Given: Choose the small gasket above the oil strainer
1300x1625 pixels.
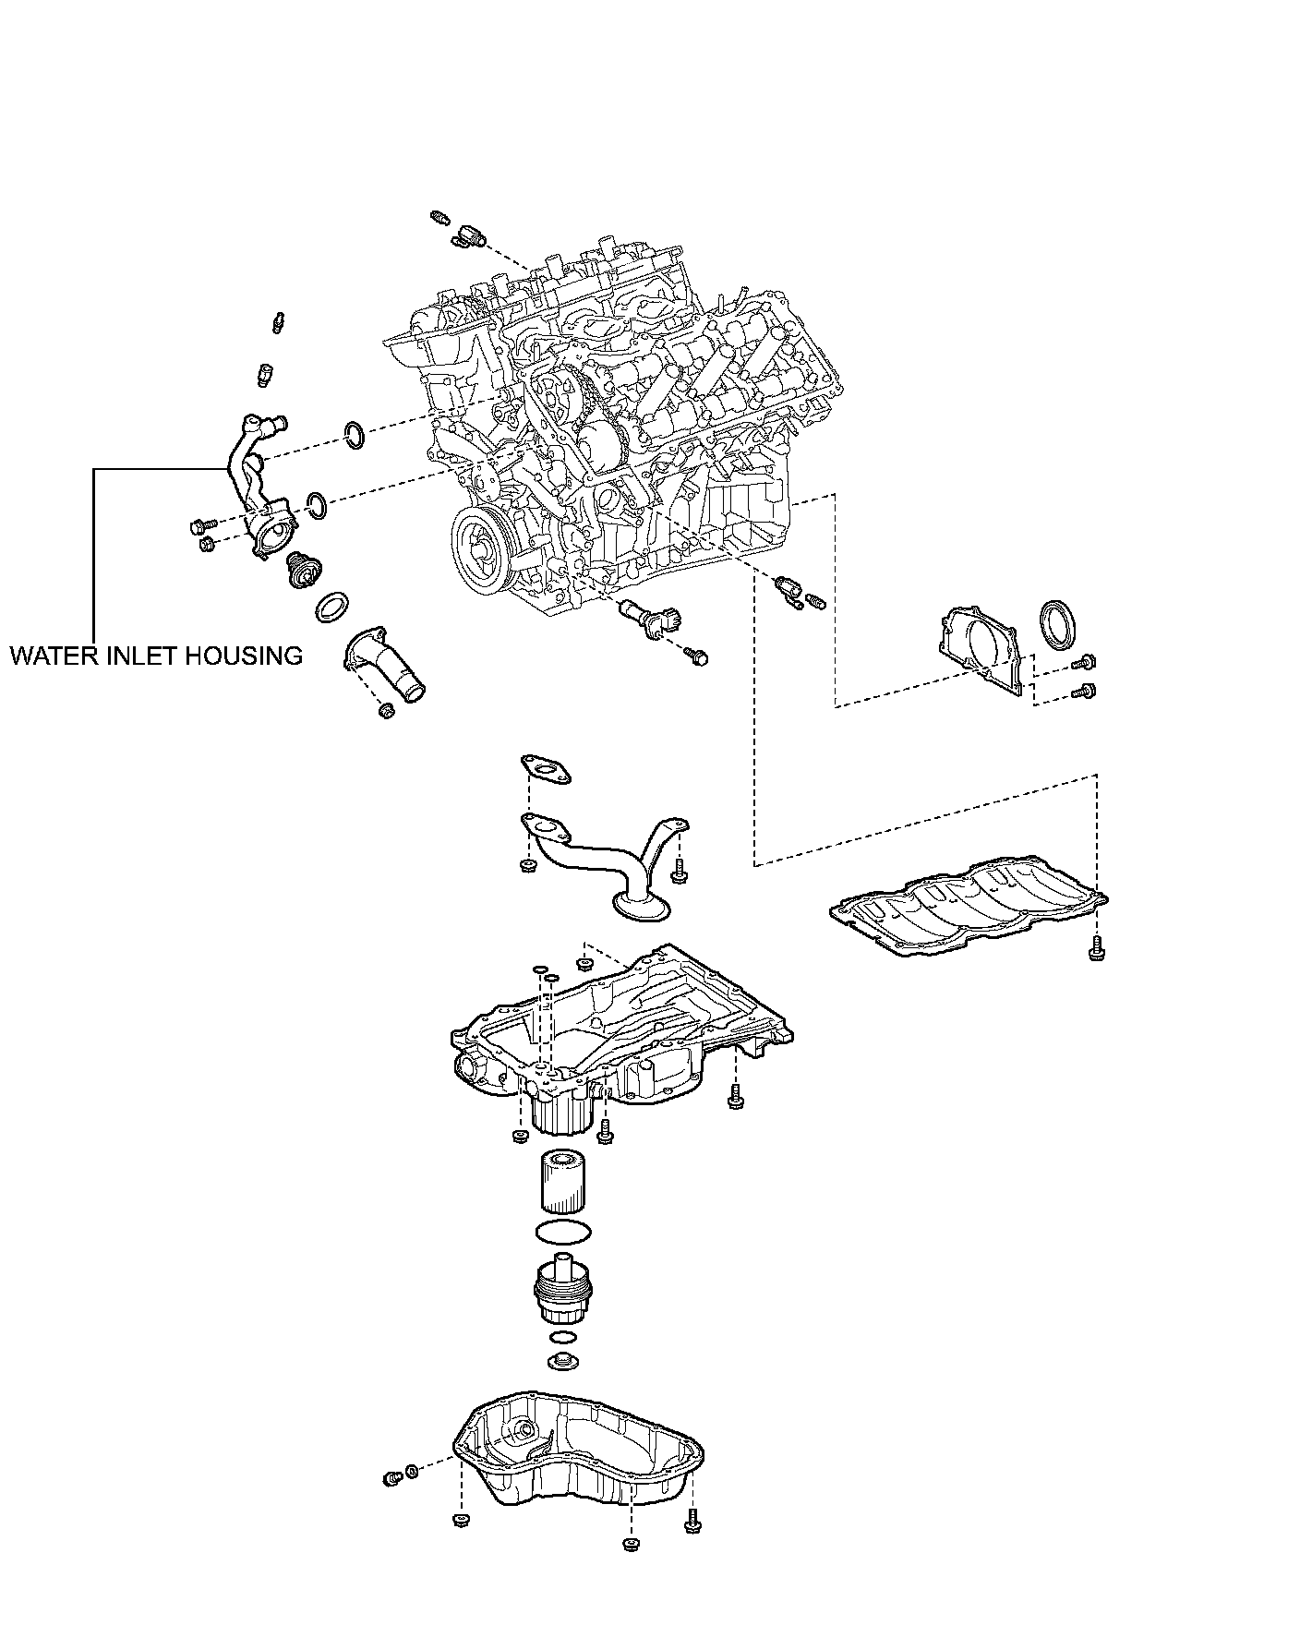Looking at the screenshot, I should [x=545, y=769].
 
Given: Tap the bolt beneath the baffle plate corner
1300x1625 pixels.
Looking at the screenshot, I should [x=1096, y=947].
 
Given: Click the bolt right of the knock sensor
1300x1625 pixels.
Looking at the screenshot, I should [x=697, y=656].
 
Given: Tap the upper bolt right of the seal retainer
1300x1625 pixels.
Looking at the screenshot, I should [x=1086, y=661].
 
